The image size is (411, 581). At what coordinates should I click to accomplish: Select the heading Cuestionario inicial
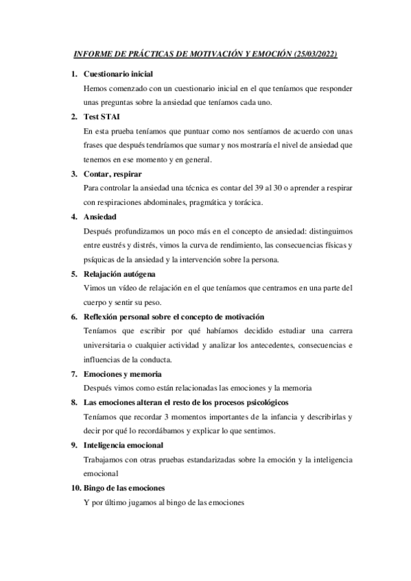click(x=118, y=74)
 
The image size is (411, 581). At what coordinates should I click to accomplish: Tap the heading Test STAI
click(x=102, y=117)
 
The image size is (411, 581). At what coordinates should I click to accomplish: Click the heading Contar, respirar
click(x=113, y=174)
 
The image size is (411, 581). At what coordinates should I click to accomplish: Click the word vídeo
click(x=128, y=288)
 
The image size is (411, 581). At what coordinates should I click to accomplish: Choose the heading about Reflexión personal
click(x=173, y=317)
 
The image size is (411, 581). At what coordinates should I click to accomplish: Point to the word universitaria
click(x=110, y=346)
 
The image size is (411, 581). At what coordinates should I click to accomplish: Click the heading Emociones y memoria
click(x=122, y=374)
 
